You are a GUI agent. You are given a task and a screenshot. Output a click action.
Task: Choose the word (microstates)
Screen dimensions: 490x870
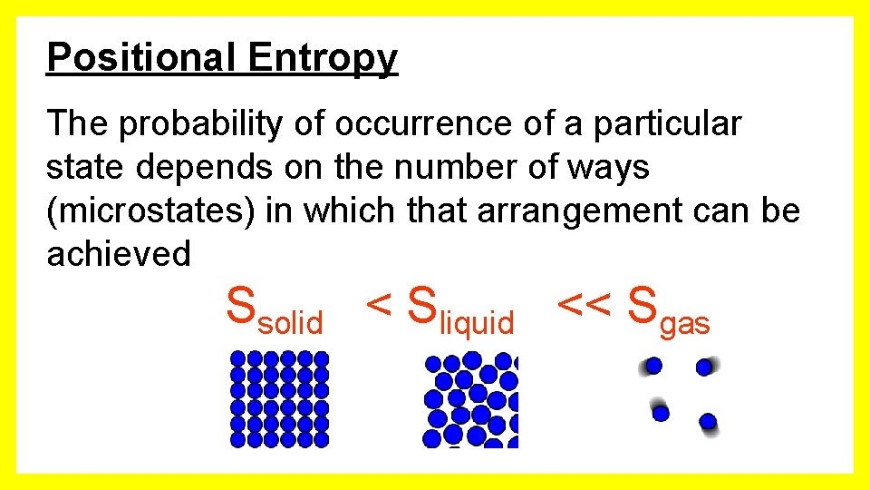pos(151,211)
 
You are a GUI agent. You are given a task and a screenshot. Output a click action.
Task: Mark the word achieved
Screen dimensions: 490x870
pos(119,254)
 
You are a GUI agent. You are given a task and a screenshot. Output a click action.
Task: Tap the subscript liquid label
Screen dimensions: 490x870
pos(476,323)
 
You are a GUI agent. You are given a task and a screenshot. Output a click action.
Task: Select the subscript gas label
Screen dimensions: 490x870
pos(685,324)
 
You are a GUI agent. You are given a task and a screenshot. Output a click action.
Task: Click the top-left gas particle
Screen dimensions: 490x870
pos(653,366)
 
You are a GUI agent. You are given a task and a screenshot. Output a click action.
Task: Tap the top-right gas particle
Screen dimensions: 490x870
pos(704,367)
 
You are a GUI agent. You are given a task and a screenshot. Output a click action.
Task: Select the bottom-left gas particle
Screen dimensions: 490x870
pos(661,413)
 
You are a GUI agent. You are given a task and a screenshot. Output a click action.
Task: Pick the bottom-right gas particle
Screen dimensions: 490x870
pos(708,421)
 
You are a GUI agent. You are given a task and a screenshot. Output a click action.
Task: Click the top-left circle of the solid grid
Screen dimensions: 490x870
pos(238,358)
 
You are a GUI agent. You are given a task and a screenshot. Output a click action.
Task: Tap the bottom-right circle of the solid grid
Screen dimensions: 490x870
pos(321,439)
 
